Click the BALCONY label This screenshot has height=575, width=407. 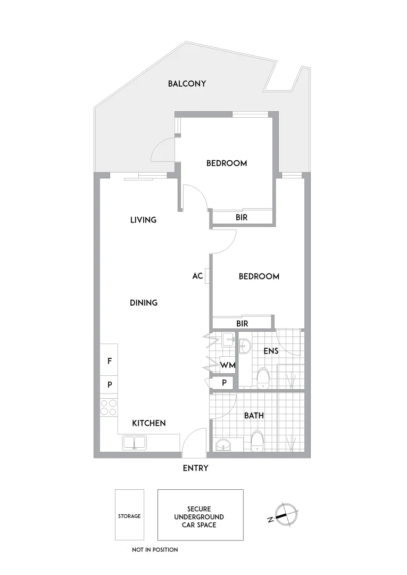click(x=187, y=84)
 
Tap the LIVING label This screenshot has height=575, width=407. click(x=143, y=220)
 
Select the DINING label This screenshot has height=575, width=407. click(x=144, y=303)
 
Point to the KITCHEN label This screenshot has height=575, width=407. click(x=149, y=423)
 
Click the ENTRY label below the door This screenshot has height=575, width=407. click(x=195, y=469)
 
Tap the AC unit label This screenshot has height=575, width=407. click(x=197, y=276)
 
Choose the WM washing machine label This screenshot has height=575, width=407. click(x=228, y=365)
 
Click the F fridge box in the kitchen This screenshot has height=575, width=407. click(x=109, y=360)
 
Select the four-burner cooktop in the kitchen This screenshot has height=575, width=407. click(x=109, y=407)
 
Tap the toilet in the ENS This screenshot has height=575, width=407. click(x=263, y=379)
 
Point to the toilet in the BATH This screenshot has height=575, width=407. click(x=257, y=441)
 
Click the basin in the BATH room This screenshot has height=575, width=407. click(x=222, y=445)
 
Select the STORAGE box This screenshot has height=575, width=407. click(x=129, y=515)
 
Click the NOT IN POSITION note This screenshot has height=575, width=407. click(x=155, y=549)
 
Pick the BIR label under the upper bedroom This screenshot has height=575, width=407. click(x=242, y=218)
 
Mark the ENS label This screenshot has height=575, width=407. click(x=271, y=351)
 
